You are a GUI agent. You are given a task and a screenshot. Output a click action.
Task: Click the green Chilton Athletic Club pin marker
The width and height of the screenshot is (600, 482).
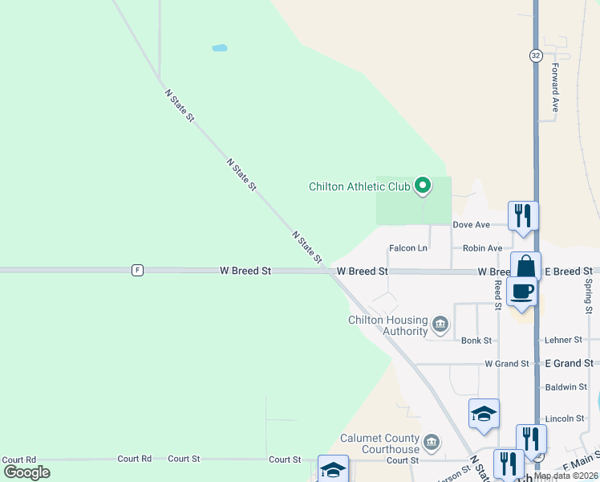point(423,187)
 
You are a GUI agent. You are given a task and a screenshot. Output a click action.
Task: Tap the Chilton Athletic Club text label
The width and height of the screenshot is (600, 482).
point(359,187)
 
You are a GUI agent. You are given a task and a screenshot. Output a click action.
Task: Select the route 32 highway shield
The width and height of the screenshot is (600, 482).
point(536,55)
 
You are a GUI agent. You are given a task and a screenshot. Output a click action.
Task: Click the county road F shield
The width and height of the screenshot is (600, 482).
point(138,271)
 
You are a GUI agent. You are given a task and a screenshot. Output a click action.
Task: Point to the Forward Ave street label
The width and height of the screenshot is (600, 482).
point(554,87)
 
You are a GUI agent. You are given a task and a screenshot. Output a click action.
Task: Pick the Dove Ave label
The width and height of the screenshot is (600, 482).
point(471,225)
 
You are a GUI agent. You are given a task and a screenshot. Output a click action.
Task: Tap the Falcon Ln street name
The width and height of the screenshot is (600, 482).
point(407,248)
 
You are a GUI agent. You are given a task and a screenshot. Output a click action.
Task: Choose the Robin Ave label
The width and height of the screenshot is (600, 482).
point(483,248)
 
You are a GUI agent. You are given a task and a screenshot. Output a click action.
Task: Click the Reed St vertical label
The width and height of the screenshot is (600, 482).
point(497,295)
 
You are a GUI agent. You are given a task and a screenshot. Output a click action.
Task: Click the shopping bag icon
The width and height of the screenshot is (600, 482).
point(525,266)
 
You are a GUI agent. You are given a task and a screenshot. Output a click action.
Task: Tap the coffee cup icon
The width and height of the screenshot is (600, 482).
point(521,291)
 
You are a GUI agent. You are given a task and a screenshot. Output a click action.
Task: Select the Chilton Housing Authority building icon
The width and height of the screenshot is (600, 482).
point(440,325)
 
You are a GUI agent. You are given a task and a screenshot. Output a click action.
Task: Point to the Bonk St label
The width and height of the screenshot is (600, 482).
point(476,341)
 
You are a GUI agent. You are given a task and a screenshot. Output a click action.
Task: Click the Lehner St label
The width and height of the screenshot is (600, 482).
point(562,341)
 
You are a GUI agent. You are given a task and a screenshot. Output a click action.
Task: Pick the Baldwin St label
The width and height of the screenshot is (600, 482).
point(566,387)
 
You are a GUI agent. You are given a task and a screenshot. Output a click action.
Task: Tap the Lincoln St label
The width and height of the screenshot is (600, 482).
point(565,419)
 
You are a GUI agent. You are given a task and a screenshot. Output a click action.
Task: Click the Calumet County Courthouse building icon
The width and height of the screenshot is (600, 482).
point(432,441)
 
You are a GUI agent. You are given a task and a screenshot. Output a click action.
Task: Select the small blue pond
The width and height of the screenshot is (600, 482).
point(219,48)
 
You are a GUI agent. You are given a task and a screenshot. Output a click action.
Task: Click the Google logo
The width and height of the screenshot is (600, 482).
point(26,472)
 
